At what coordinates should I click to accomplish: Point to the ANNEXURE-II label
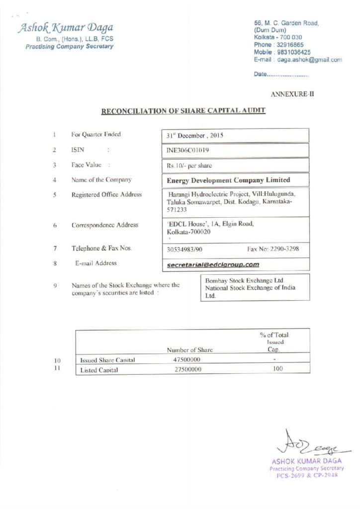292,93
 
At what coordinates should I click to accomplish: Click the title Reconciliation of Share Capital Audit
183,111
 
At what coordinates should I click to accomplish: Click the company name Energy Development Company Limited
229,180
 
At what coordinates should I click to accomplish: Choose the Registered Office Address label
106,194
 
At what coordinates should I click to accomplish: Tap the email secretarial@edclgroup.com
213,264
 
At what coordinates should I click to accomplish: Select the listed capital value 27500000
187,369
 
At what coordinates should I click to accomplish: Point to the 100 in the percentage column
278,369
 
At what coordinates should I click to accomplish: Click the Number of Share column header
189,349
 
